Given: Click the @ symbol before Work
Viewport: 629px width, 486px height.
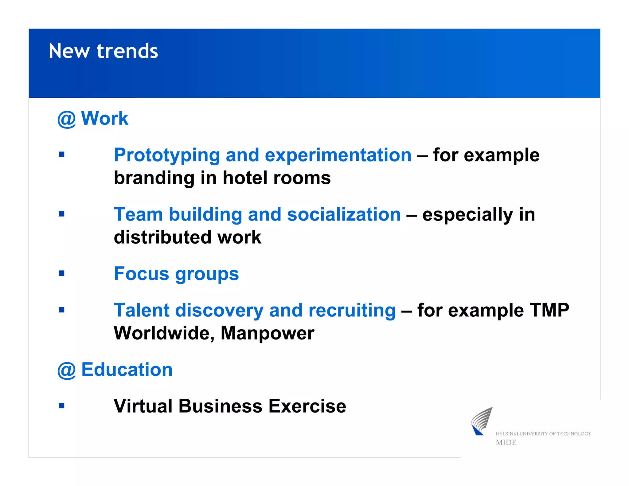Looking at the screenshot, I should point(66,119).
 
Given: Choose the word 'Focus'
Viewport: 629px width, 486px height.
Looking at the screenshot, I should point(141,274).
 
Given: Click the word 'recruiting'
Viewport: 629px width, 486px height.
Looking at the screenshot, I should point(352,311).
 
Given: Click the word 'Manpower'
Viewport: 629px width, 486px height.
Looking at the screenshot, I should point(267,334).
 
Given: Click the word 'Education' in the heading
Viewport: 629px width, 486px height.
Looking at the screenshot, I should point(127,370).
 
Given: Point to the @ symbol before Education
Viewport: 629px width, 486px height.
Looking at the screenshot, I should point(66,370).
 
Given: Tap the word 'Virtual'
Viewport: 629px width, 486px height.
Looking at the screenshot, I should point(143,406).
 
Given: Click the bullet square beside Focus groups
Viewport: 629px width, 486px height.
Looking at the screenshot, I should point(61,273).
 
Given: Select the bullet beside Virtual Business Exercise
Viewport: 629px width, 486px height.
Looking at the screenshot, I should point(61,406).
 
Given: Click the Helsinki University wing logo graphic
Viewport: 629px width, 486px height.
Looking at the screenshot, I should point(481,421).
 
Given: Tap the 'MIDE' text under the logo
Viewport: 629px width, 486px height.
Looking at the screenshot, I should point(506,443).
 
